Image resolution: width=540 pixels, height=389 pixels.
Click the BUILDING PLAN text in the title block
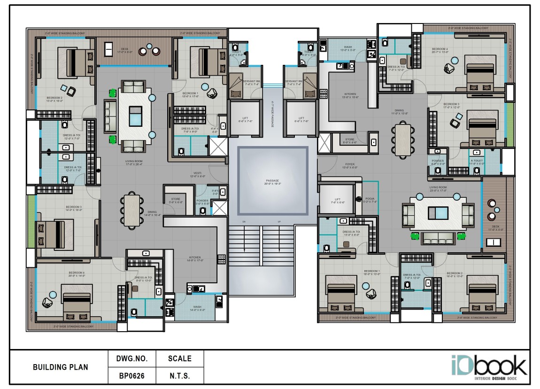coord(60,367)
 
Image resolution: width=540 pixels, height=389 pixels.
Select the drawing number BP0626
coord(132,376)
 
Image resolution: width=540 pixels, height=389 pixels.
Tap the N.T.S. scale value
coord(180,376)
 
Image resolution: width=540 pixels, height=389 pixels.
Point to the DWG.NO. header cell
coord(132,358)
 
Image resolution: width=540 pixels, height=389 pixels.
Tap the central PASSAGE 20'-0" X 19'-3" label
coord(272,182)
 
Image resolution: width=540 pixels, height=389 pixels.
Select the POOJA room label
coord(370,199)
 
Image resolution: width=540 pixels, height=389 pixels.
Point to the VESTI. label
coord(198,174)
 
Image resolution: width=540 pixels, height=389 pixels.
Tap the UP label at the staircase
coord(279,221)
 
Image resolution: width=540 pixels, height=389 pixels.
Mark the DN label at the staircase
coord(244,221)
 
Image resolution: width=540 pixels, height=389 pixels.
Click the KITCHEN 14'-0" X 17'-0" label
coord(195,259)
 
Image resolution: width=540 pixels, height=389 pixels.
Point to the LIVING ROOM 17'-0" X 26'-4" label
coord(133,163)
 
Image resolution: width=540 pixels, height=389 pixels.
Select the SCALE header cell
coord(180,358)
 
